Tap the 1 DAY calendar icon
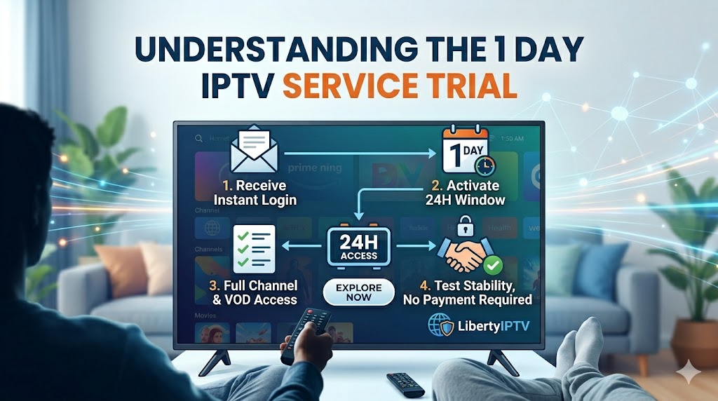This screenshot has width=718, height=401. (464, 151)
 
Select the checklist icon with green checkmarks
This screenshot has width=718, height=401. (253, 249)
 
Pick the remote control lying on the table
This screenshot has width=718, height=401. (405, 383)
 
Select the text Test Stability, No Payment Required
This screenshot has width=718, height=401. (467, 292)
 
